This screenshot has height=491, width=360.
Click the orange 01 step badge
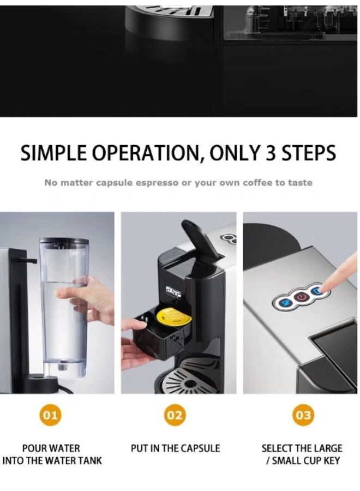[50, 415]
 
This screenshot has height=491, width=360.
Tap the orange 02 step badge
[175, 415]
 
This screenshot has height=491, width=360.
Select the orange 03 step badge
[303, 415]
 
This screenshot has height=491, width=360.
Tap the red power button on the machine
[301, 297]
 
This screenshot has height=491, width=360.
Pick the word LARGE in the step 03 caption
[327, 448]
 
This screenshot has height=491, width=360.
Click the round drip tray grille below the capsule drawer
[189, 380]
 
